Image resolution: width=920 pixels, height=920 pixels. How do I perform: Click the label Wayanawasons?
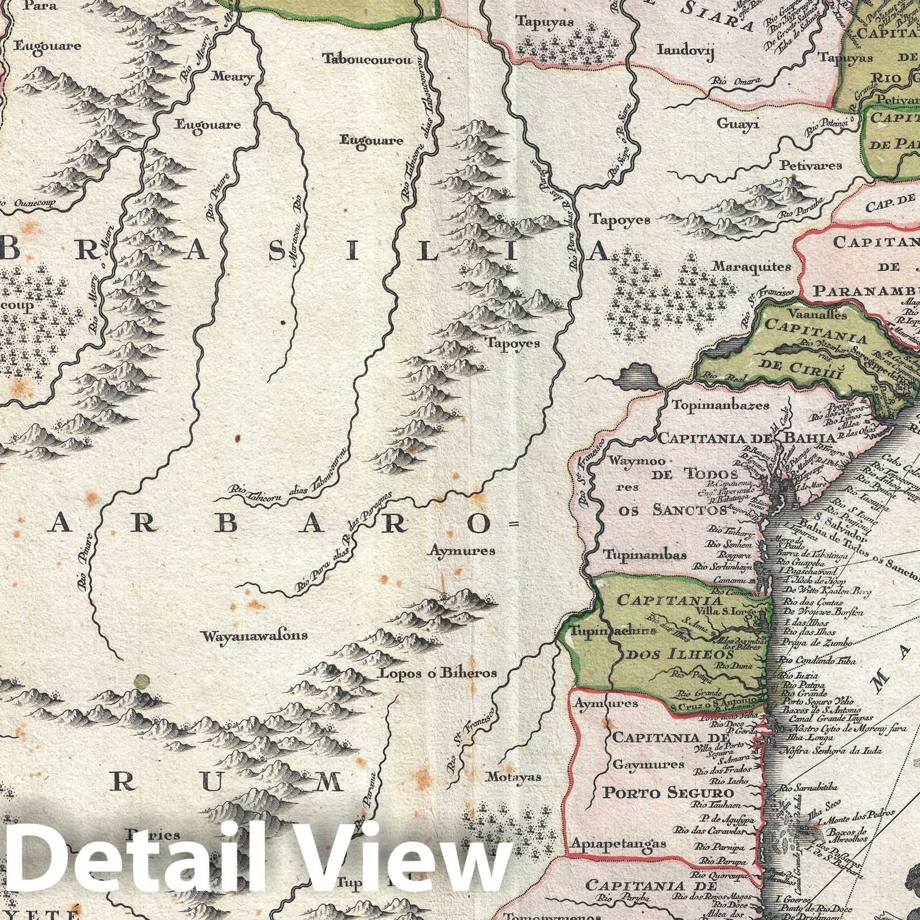(x=254, y=636)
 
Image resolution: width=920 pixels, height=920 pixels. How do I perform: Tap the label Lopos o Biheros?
(x=436, y=673)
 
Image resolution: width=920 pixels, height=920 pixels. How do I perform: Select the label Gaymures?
(x=640, y=765)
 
